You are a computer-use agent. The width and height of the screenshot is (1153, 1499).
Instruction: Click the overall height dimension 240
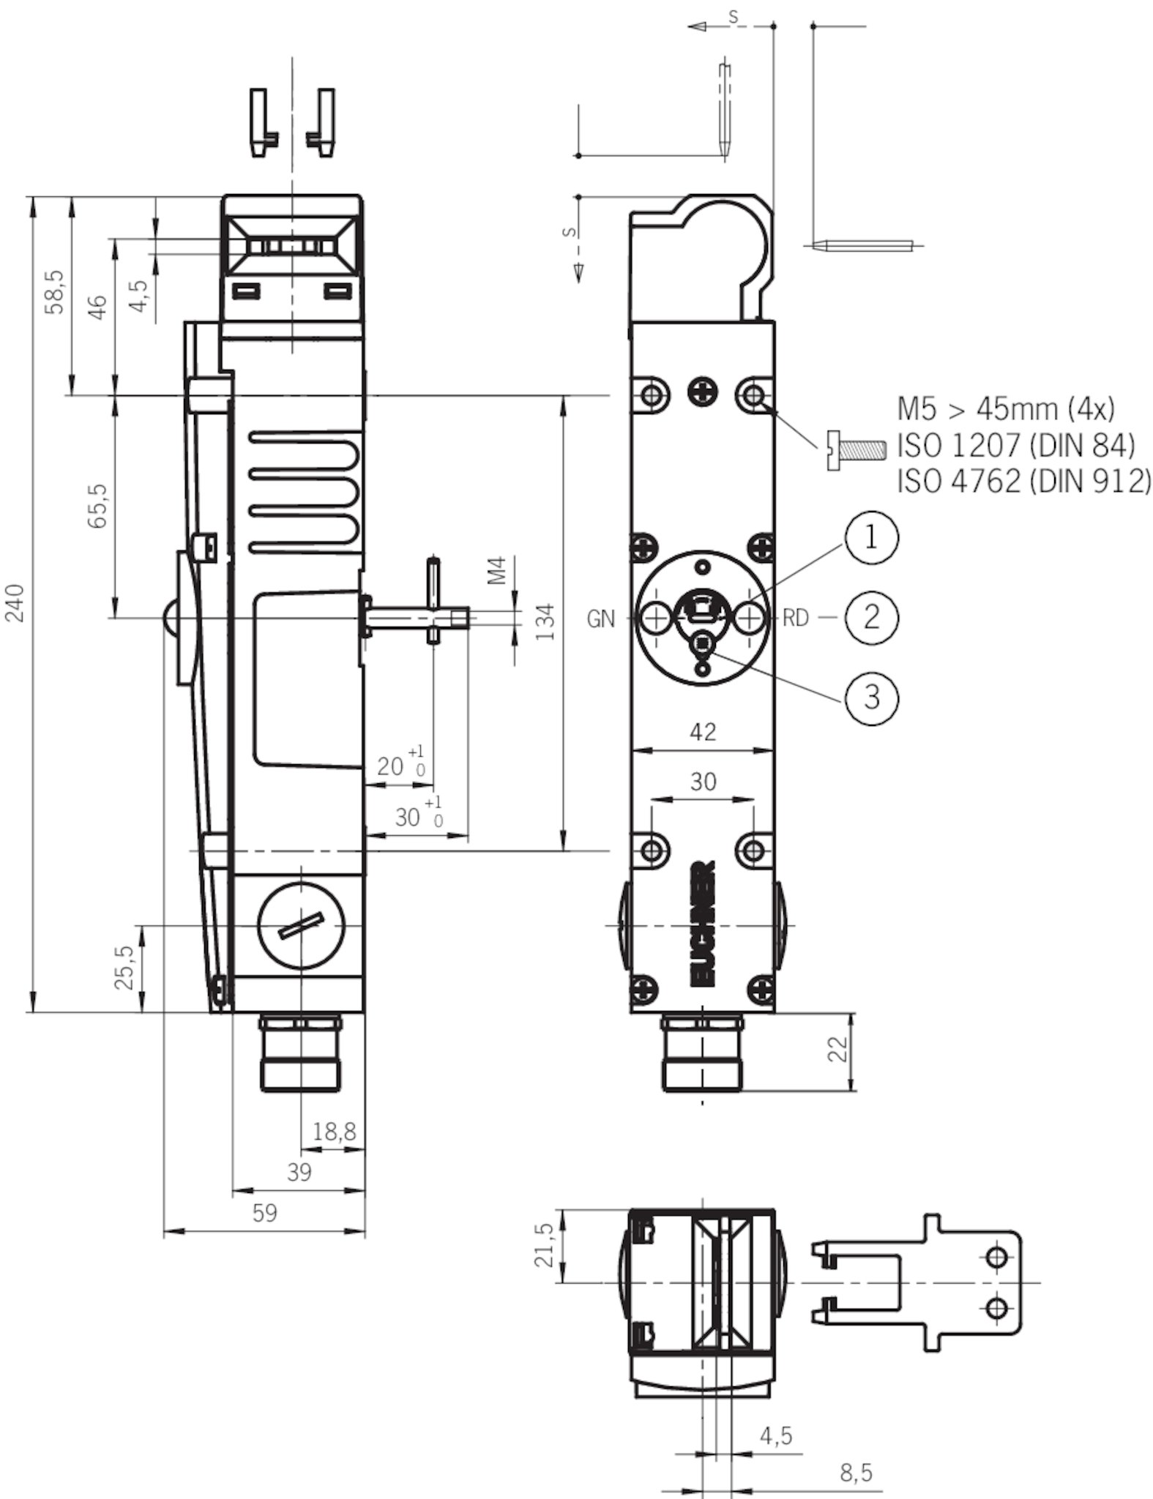(16, 602)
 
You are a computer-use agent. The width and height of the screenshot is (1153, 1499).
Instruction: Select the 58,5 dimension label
(56, 292)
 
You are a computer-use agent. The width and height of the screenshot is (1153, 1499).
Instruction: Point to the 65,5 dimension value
(98, 505)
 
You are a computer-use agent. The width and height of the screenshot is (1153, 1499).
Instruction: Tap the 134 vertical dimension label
(545, 621)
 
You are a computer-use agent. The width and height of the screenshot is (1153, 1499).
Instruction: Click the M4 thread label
(499, 571)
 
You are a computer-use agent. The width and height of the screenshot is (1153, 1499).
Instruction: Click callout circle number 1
(870, 539)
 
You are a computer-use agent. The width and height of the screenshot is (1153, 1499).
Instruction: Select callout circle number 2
(871, 617)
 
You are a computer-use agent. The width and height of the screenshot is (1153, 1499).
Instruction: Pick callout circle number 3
(871, 697)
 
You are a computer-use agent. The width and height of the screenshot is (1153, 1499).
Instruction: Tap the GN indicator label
(601, 619)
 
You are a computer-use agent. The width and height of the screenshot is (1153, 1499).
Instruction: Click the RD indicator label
(796, 618)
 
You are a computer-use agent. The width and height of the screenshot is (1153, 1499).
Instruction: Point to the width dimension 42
(703, 731)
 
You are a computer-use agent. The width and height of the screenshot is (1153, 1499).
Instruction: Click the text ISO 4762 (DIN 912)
(1023, 481)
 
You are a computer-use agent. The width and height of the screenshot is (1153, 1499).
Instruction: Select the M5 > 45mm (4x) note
(1006, 408)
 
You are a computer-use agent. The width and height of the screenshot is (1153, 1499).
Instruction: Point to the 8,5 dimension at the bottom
(856, 1472)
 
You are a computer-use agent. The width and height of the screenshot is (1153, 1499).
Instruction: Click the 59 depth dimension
(265, 1213)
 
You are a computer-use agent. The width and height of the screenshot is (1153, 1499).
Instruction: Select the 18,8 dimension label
(334, 1132)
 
